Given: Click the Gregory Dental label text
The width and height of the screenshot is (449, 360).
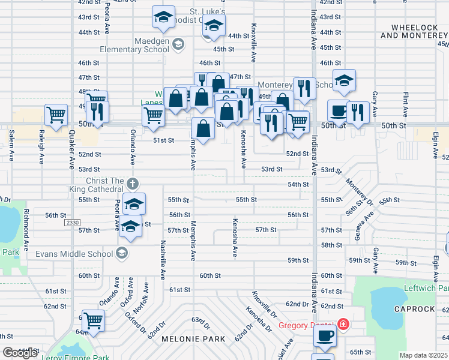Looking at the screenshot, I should (306, 326).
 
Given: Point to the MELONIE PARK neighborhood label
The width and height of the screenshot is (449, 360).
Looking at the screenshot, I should (193, 339).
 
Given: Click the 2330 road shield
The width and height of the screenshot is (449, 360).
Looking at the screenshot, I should (71, 223).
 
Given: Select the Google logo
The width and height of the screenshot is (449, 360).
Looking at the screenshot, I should (20, 352).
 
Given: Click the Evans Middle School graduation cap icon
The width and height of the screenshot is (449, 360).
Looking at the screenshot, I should (123, 253).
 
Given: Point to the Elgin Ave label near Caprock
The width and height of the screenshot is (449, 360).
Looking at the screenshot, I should (435, 269).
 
